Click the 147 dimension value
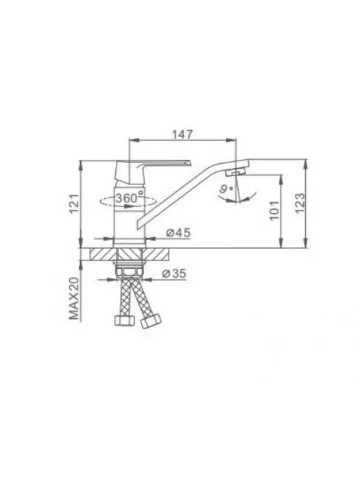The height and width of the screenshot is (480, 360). tap(182, 134)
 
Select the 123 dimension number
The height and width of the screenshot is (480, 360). tap(300, 203)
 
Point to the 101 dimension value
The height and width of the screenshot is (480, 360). tap(274, 210)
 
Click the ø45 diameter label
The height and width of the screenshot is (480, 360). tap(178, 232)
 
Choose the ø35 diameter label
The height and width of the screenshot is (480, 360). tap(174, 273)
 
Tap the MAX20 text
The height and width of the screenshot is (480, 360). tap(74, 298)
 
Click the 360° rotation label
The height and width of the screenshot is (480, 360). tap(130, 197)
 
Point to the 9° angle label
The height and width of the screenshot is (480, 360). tap(226, 189)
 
